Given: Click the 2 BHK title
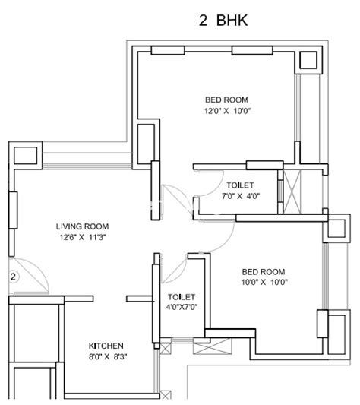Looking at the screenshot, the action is click(223, 21).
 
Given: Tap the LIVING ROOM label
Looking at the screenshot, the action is click(82, 226).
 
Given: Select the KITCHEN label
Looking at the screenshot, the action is click(106, 346).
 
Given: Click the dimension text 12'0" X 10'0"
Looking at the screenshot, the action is click(228, 111).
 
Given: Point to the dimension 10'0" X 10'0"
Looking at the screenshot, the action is click(264, 282).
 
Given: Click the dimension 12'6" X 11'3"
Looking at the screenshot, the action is click(83, 237).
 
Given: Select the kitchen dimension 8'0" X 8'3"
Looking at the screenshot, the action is click(108, 356).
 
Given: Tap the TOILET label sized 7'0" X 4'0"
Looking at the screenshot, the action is click(240, 185).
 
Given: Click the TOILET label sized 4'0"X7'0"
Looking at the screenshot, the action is click(182, 297).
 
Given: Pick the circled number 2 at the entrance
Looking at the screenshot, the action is click(13, 277).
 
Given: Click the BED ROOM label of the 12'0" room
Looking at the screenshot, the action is click(226, 100).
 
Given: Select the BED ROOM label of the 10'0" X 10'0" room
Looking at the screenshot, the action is click(264, 272).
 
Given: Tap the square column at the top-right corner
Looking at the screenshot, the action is click(308, 60).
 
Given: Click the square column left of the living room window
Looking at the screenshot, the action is click(25, 156).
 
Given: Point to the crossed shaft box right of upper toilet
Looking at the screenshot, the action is click(292, 191).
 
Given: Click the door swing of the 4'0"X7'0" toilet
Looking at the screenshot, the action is click(175, 270).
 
